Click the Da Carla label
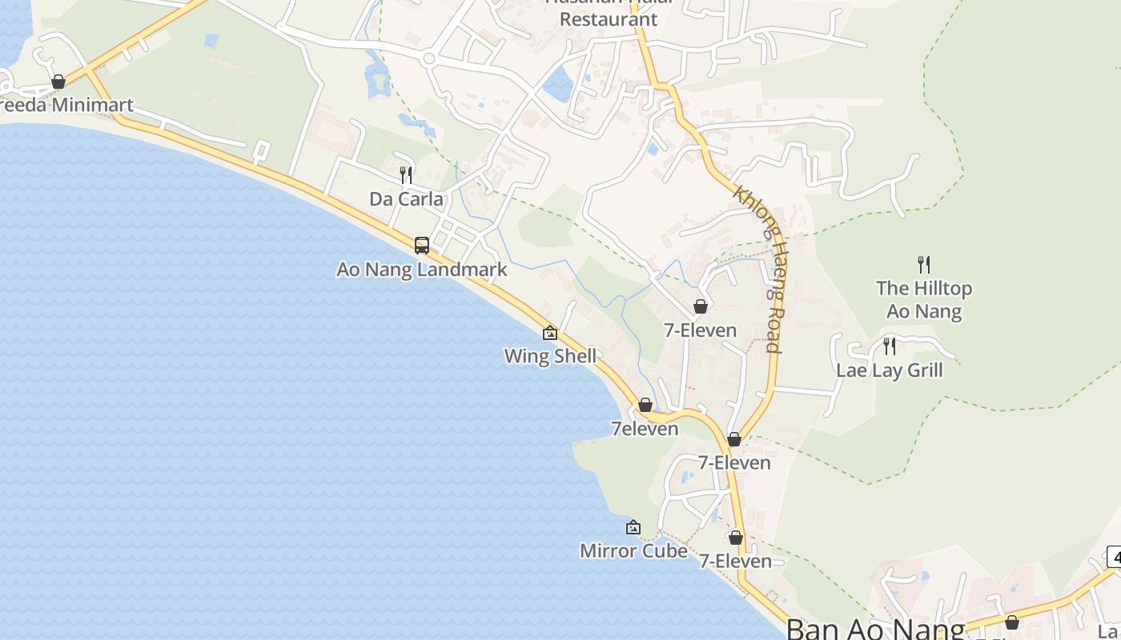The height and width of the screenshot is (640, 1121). point(406,198)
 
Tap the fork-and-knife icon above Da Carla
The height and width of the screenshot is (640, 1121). point(406,174)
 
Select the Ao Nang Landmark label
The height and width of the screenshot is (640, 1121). point(421,270)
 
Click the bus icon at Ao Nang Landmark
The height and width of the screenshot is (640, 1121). point(422,246)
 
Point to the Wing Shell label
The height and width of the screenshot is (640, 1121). point(550,356)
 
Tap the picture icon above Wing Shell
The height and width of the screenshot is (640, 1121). point(550,333)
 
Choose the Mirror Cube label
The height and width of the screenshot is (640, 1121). point(633,550)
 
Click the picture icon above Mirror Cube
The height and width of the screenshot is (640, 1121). point(633,527)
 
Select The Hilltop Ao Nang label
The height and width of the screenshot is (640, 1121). point(924,299)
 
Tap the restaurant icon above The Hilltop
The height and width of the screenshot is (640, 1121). point(924,264)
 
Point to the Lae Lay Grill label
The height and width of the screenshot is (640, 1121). point(889,370)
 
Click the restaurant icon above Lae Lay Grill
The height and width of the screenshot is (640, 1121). point(889,346)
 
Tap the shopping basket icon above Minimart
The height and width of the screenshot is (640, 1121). point(58,82)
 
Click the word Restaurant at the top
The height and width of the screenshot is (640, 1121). point(608,19)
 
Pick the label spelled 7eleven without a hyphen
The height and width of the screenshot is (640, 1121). point(645,429)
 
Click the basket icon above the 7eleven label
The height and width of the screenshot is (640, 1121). point(645,405)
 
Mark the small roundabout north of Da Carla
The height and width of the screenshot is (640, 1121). point(428,58)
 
